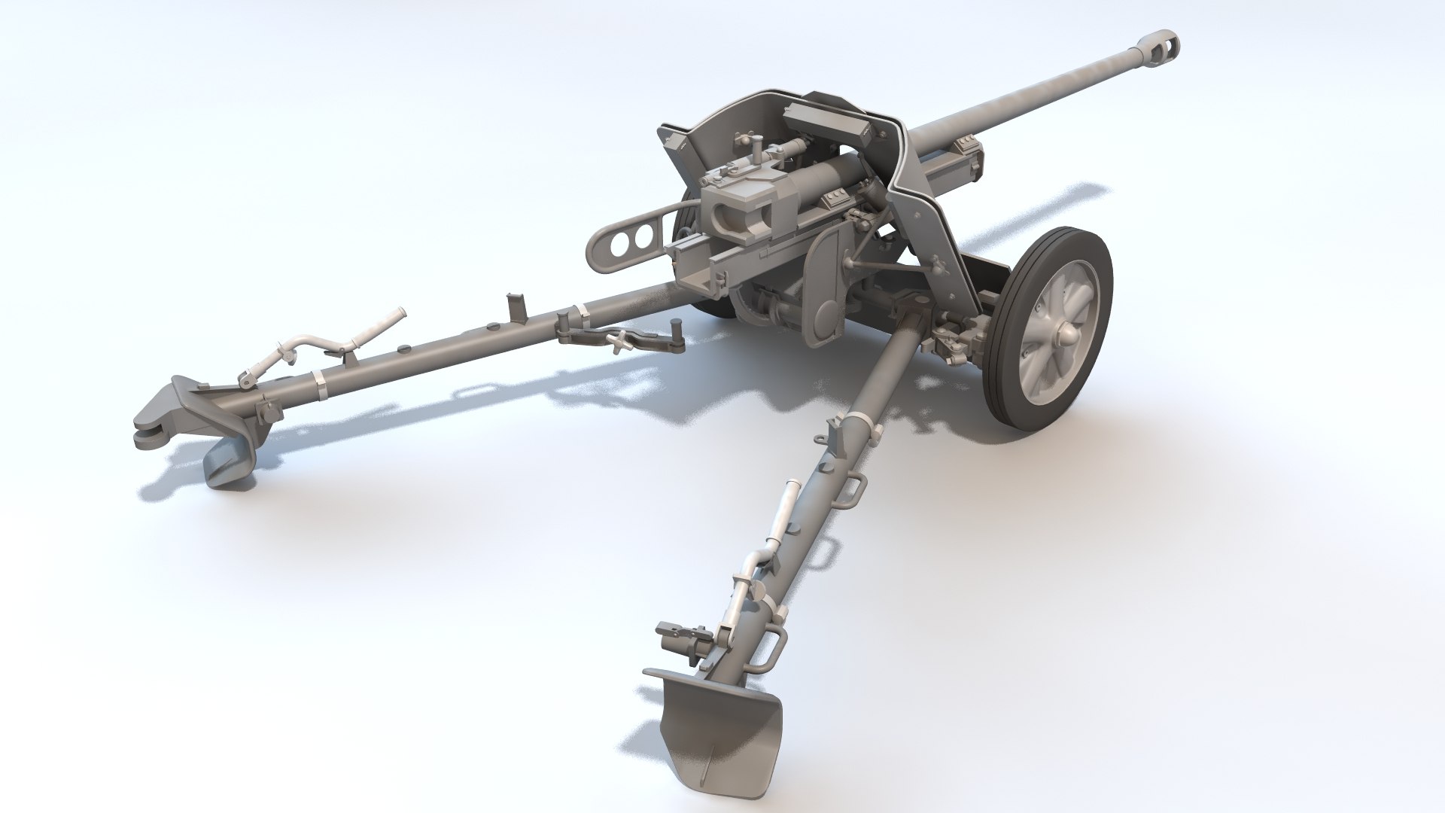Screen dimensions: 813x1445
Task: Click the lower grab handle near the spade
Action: tap(767, 651)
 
